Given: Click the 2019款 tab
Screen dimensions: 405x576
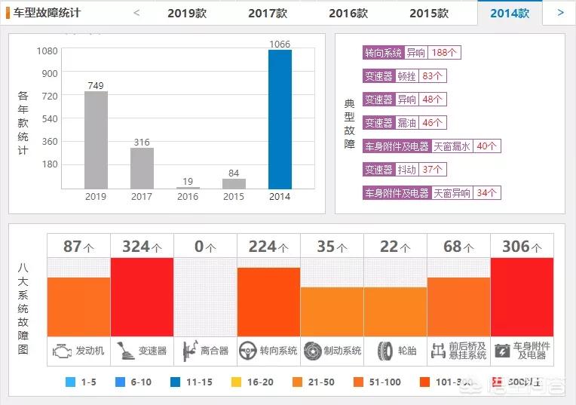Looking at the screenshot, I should click(187, 13).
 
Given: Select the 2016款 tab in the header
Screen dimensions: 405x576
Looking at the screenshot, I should click(348, 13).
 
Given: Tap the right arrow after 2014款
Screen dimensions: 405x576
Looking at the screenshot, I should click(560, 13).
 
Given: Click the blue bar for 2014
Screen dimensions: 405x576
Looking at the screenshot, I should click(280, 119).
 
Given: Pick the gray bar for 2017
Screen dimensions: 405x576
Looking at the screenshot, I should click(142, 168).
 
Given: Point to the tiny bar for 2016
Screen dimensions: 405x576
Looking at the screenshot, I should click(188, 187).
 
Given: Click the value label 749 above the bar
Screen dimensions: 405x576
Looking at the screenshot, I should click(96, 85).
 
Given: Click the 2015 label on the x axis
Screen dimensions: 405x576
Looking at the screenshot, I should click(234, 197).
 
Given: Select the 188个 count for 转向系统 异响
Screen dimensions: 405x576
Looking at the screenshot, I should click(445, 53).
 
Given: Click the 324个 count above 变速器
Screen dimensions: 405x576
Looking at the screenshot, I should click(142, 246).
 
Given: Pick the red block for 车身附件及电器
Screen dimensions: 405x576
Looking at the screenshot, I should click(522, 297).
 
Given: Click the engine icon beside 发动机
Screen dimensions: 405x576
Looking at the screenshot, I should click(61, 351).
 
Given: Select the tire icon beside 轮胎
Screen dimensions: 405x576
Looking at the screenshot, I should click(385, 351).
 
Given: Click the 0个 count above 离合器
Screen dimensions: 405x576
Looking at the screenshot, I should click(205, 246).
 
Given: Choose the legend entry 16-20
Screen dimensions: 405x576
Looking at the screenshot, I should click(253, 382).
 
